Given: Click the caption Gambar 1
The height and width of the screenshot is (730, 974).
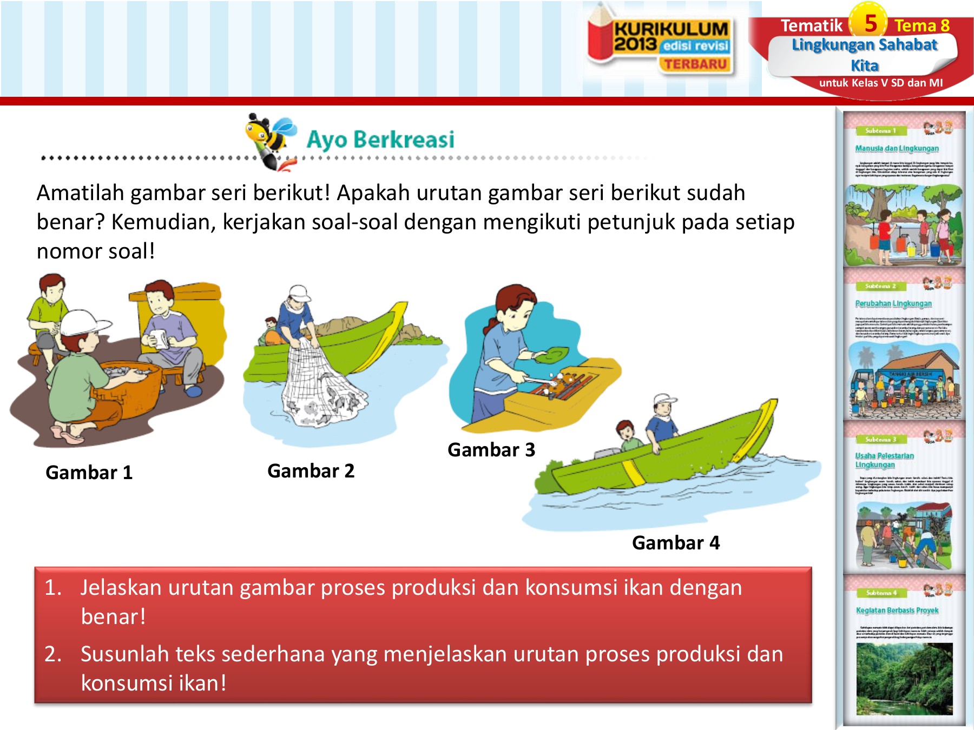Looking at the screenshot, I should click(x=89, y=473).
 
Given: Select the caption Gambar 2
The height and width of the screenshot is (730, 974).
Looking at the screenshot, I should click(x=311, y=471).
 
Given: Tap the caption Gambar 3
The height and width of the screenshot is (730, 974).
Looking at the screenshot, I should click(x=491, y=450).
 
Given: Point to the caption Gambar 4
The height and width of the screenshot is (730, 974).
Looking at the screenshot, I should click(x=676, y=543).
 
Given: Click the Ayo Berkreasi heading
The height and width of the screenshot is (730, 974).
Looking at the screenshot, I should click(x=380, y=140).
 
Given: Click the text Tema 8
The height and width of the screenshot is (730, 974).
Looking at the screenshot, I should click(x=922, y=25).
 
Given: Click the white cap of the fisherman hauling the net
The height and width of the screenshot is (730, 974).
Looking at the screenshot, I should click(x=299, y=293).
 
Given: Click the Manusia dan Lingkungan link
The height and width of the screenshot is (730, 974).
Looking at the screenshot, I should click(x=897, y=148).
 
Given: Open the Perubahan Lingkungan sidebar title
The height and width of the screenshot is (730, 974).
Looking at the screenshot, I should click(x=893, y=303).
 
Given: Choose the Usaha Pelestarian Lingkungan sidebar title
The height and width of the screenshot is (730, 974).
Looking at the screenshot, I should click(x=884, y=460).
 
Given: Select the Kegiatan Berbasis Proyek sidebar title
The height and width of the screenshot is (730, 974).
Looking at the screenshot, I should click(x=897, y=610).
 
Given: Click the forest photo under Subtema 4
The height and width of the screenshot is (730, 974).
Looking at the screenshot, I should click(x=904, y=679).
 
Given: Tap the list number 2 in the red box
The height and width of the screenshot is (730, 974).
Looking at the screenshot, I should click(x=53, y=654).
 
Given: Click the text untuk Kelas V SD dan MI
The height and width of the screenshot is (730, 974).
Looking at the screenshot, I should click(x=880, y=83).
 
